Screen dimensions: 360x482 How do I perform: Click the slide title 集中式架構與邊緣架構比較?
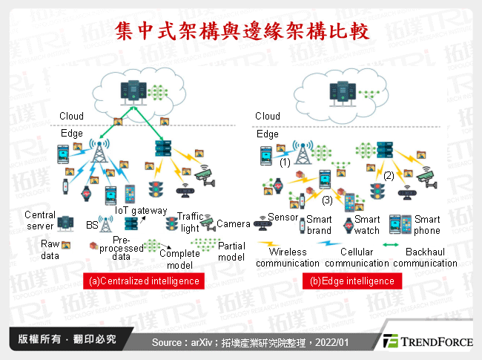point(241,30)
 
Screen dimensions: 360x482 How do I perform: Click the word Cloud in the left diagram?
point(72,117)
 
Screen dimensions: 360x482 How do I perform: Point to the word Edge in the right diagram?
point(267,134)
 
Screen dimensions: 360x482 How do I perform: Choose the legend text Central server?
point(40,220)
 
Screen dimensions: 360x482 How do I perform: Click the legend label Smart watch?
point(366,225)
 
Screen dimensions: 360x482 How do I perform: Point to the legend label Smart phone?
point(426,225)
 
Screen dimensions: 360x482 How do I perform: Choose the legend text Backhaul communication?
point(425,258)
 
